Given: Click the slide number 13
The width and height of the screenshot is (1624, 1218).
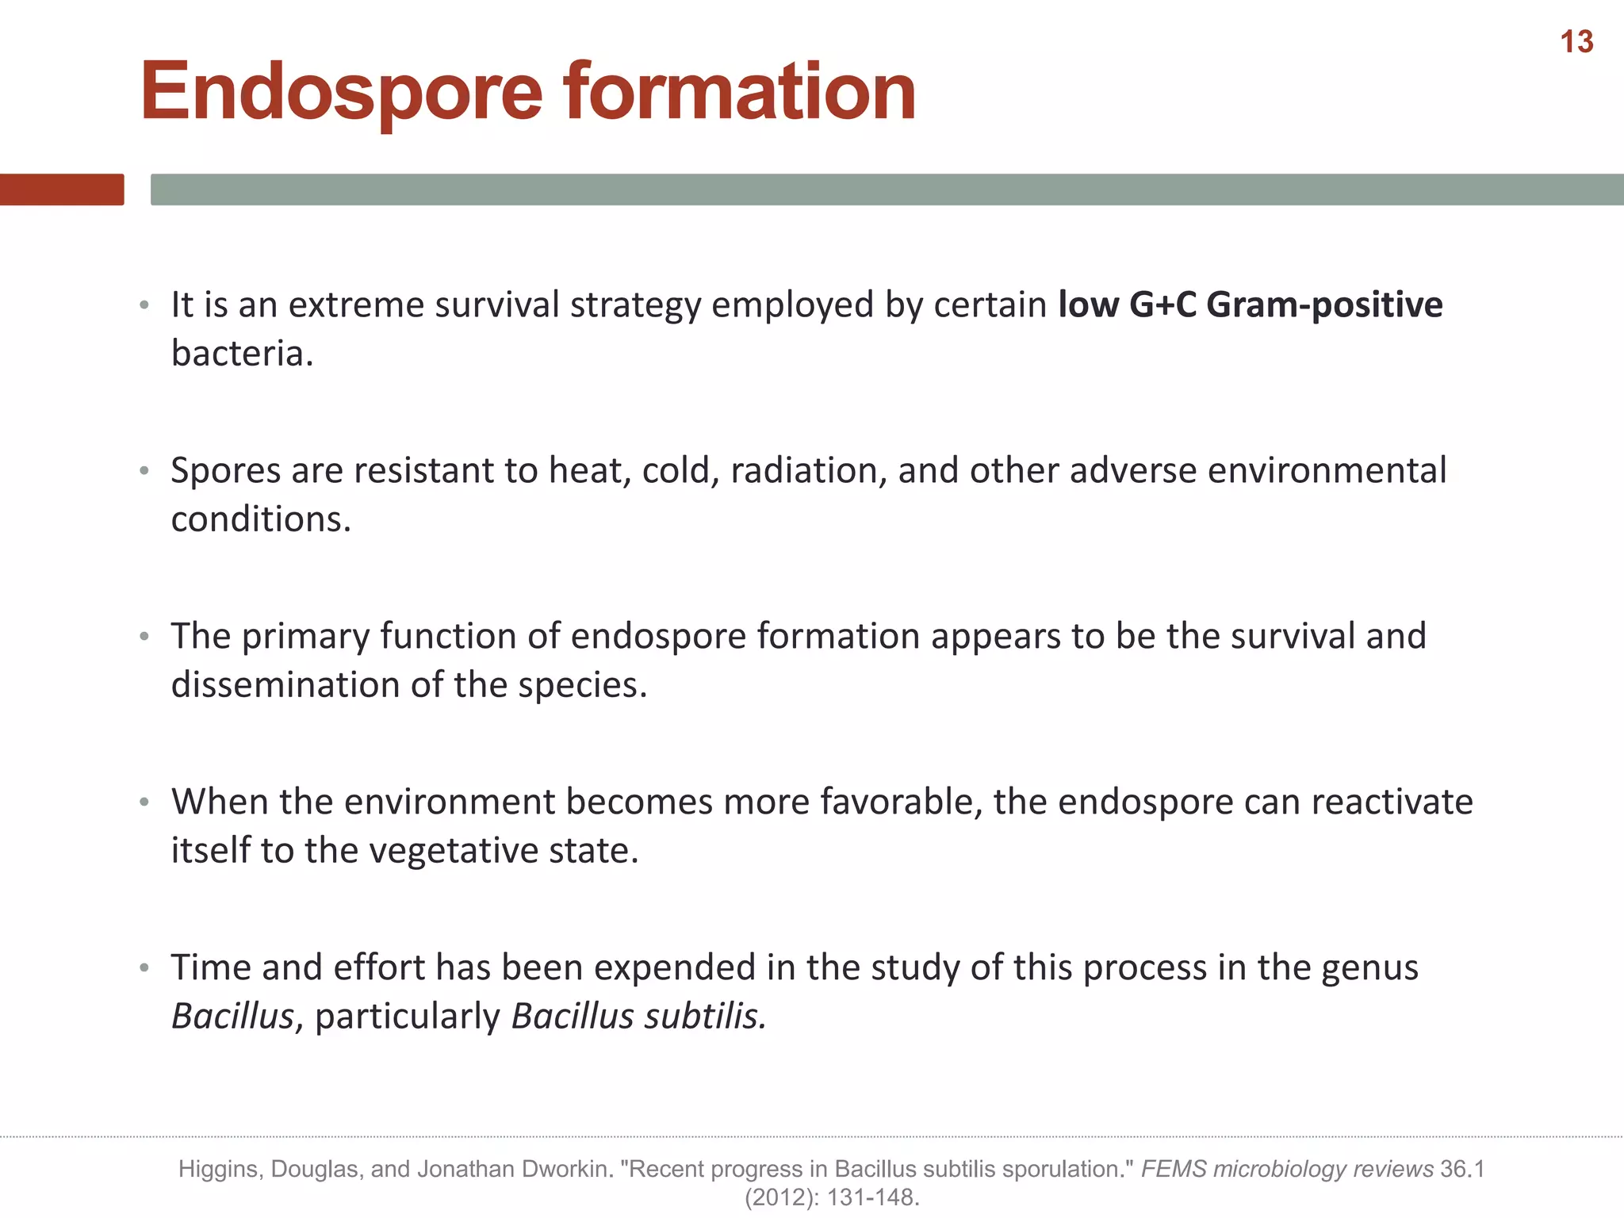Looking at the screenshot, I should (1576, 42).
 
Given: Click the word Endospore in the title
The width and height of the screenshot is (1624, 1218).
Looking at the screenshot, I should (342, 93).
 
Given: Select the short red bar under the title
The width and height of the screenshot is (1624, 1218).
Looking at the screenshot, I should (62, 190).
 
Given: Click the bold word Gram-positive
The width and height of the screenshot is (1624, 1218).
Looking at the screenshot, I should (1324, 304).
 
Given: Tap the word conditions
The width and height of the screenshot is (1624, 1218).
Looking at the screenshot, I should (260, 519).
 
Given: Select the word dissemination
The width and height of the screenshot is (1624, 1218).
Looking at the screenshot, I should (285, 685).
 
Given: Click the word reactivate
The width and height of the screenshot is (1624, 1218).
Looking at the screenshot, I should (1392, 802).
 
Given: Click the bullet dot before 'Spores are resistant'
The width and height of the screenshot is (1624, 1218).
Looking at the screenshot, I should (144, 471).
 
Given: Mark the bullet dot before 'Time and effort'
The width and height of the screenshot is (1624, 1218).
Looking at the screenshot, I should (144, 968).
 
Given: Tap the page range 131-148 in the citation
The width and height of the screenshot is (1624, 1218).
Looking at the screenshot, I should (873, 1197).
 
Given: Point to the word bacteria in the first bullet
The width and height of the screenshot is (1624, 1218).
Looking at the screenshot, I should (241, 354).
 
